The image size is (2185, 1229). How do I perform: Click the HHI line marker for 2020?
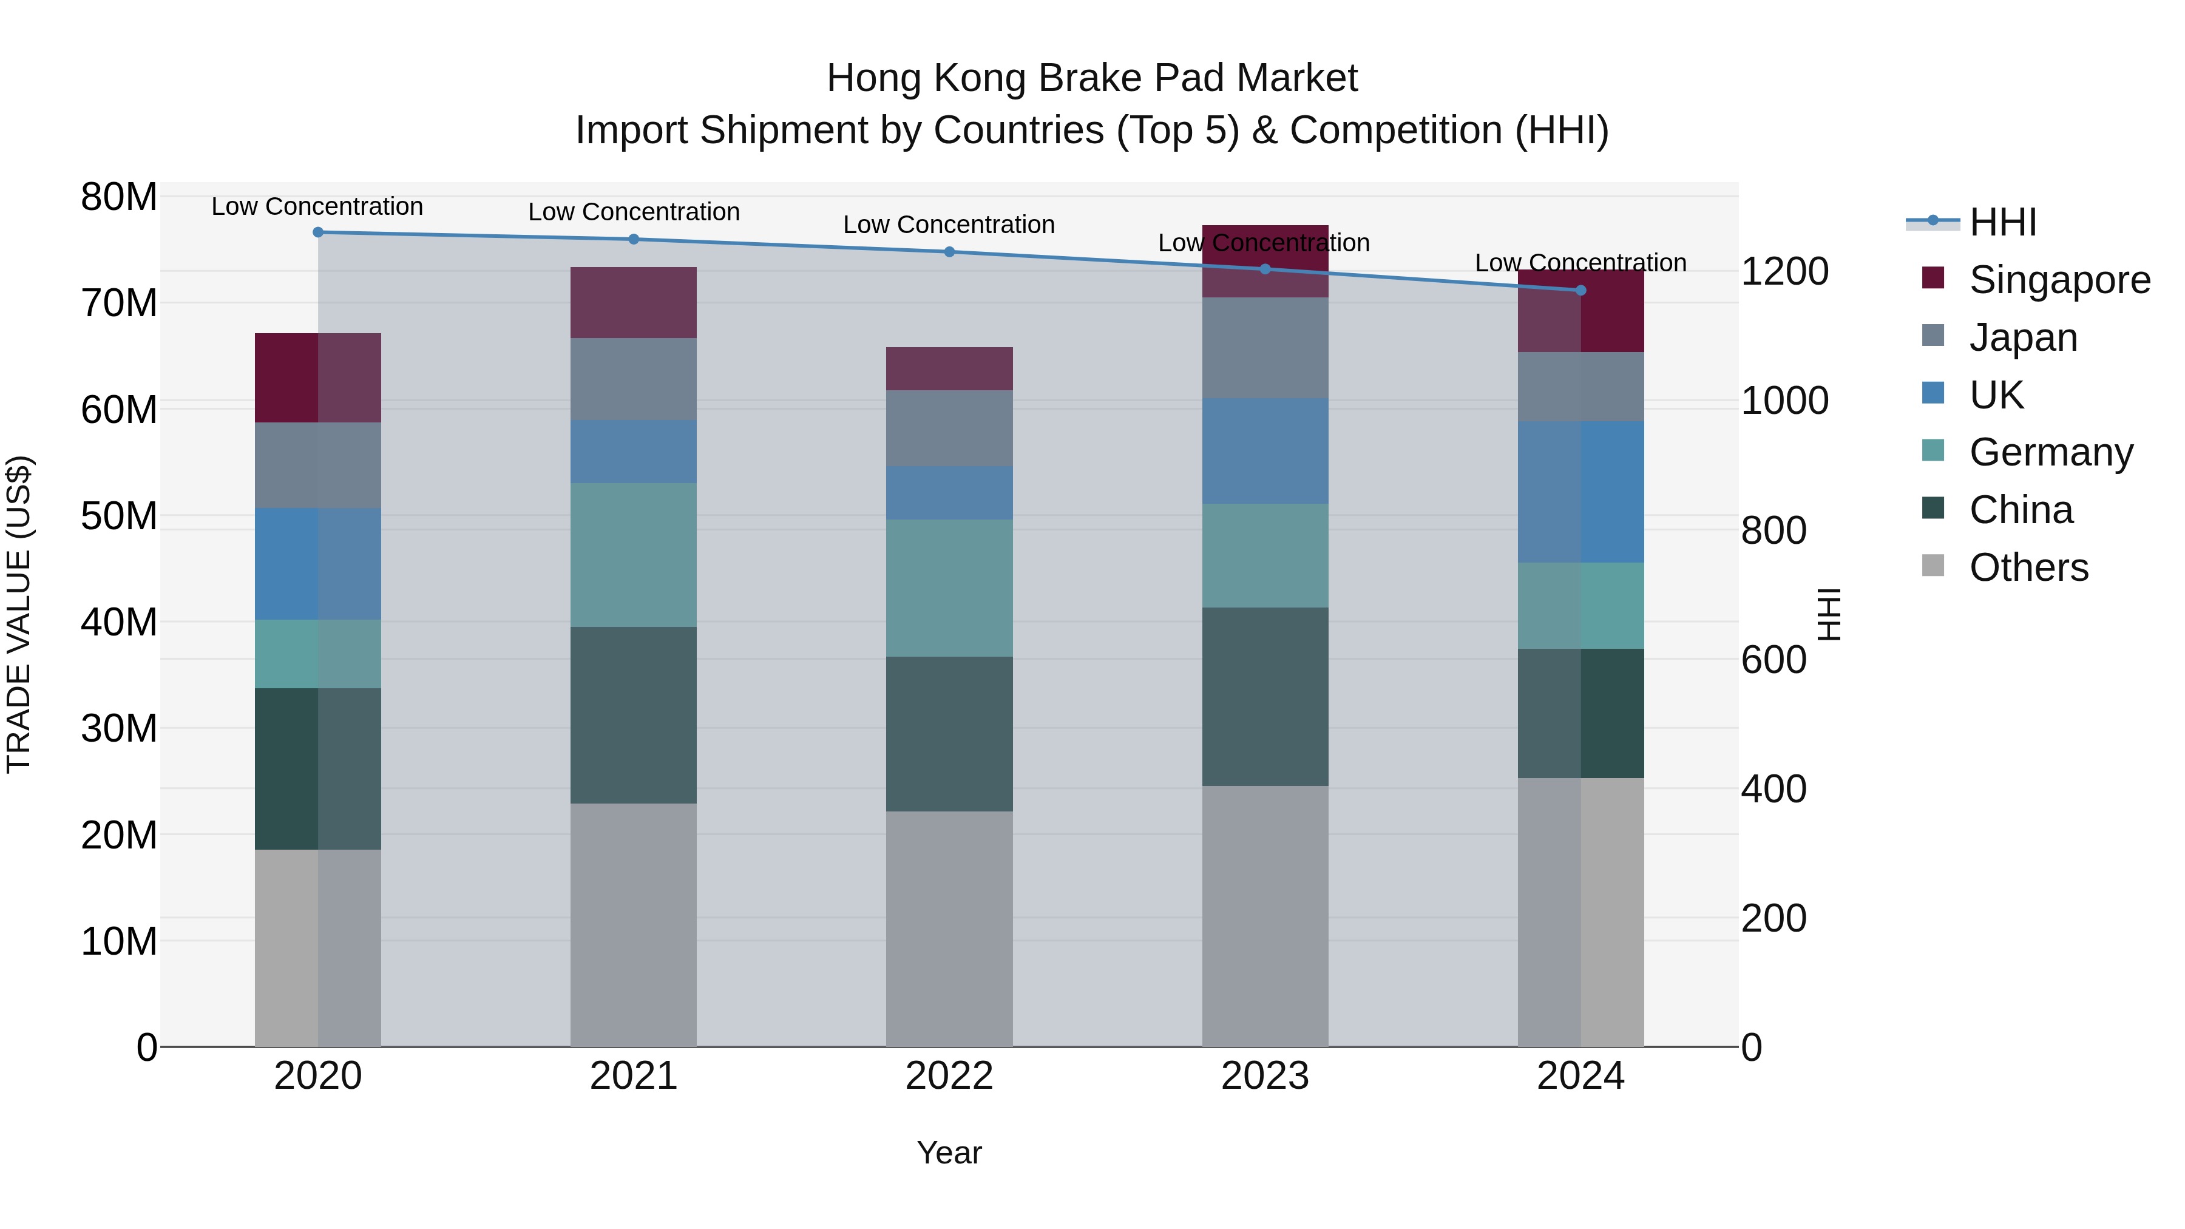point(318,232)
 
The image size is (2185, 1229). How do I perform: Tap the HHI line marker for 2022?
point(949,252)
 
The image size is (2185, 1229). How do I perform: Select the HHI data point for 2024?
point(1580,290)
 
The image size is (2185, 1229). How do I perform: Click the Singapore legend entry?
point(2059,280)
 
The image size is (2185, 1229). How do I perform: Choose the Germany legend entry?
point(2050,452)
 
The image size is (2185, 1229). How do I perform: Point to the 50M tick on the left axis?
point(119,516)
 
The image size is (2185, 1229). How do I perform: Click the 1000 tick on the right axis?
point(1784,401)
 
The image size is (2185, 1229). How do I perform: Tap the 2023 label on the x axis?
point(1265,1076)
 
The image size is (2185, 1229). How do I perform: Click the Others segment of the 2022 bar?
point(949,929)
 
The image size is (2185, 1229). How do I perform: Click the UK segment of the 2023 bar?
point(1265,451)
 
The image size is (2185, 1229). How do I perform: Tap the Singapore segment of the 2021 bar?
point(634,303)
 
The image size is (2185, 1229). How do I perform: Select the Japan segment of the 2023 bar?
point(1265,348)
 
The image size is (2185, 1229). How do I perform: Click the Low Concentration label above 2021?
point(634,212)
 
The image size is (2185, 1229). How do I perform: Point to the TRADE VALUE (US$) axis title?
point(19,614)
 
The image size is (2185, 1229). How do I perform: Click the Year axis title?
point(949,1153)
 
